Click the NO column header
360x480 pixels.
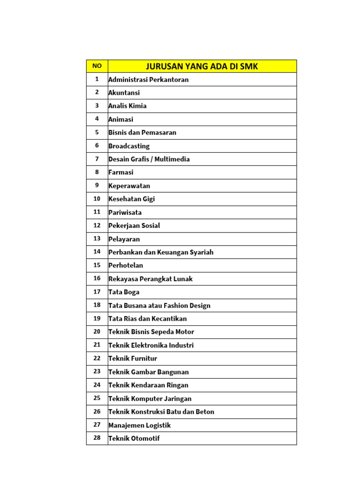tap(97, 66)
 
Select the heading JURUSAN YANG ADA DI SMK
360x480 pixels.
tap(202, 67)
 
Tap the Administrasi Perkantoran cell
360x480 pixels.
tap(149, 79)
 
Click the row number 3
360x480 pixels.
tap(97, 105)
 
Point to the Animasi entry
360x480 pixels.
tap(121, 119)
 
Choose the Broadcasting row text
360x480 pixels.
tap(129, 146)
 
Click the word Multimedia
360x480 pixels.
tap(173, 159)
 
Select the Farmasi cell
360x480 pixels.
tap(121, 172)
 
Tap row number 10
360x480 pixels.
tap(97, 199)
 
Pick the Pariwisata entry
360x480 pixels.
tap(125, 212)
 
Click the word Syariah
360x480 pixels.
tap(202, 252)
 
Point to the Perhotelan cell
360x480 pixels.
tap(126, 265)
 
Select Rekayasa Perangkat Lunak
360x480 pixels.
tap(150, 279)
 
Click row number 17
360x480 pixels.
tap(97, 292)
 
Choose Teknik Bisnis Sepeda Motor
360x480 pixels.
tap(151, 332)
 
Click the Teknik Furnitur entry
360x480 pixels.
tap(133, 359)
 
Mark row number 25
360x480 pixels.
tap(97, 398)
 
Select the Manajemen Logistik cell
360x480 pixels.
tap(140, 425)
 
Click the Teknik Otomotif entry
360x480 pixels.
tap(134, 439)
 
